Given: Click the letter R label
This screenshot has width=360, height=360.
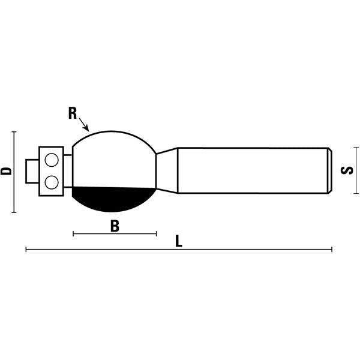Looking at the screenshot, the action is [73, 113].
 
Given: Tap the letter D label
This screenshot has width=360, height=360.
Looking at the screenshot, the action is [6, 171].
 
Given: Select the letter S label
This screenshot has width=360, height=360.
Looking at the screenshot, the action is [347, 170].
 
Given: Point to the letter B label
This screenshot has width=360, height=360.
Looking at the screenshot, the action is [115, 226].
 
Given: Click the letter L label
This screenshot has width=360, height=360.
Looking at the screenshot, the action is [179, 241].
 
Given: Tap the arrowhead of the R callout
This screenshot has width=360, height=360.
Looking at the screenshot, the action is [87, 129].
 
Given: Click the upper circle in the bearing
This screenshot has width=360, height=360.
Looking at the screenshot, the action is [52, 160].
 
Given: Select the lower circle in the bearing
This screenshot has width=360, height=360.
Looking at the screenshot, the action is [52, 182].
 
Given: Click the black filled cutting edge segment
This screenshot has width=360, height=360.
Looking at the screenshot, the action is [113, 199].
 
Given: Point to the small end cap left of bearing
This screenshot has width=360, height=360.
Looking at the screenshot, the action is [32, 171].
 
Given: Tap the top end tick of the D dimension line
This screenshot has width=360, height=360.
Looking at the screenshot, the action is [14, 132].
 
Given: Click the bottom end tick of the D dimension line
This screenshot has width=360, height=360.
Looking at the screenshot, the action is [14, 212].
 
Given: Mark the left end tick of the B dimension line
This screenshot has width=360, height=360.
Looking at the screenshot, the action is [73, 234].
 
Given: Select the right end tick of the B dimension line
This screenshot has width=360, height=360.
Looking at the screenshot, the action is [157, 234].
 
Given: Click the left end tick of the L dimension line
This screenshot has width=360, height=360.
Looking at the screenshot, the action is [26, 250].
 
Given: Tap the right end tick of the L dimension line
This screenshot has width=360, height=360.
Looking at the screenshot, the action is [332, 250].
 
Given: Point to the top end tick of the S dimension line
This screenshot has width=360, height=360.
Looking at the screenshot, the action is [356, 148].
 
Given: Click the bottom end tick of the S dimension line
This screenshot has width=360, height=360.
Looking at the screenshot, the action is [356, 193].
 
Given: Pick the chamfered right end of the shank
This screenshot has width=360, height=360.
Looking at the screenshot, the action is [330, 170].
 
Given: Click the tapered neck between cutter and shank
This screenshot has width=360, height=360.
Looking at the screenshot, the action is [167, 170].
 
